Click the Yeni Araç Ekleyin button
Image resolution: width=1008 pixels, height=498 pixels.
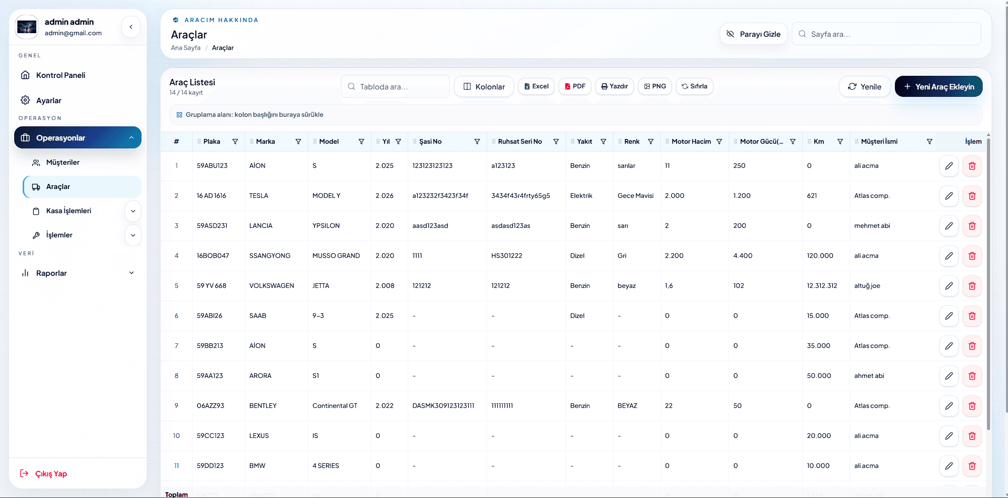click(x=939, y=86)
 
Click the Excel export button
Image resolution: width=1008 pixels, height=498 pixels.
click(x=537, y=86)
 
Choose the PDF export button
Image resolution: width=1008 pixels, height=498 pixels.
click(x=575, y=86)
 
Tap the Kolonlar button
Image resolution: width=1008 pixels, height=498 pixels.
click(x=484, y=86)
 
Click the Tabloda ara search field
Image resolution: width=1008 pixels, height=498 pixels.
click(x=396, y=86)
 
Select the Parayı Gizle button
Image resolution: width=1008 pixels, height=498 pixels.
click(x=753, y=34)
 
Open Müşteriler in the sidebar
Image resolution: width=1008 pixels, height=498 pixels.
click(x=63, y=163)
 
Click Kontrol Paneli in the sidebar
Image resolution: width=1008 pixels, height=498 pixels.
click(x=61, y=75)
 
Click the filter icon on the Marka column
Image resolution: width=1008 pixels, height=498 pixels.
click(x=298, y=142)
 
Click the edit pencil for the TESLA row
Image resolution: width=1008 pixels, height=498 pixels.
click(x=949, y=196)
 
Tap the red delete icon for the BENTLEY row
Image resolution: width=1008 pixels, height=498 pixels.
click(x=972, y=406)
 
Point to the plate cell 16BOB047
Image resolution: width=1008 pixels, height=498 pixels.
click(x=213, y=256)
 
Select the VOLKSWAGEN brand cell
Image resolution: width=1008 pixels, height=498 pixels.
click(x=271, y=286)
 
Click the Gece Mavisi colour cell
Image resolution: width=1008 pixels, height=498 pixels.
click(x=636, y=196)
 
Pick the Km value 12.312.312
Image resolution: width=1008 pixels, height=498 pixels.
click(x=822, y=286)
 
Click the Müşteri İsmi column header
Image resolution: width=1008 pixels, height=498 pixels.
click(x=879, y=142)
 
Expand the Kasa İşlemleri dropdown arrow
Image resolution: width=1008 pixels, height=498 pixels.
click(x=133, y=211)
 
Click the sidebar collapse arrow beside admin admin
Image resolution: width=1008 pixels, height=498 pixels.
click(x=131, y=27)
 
